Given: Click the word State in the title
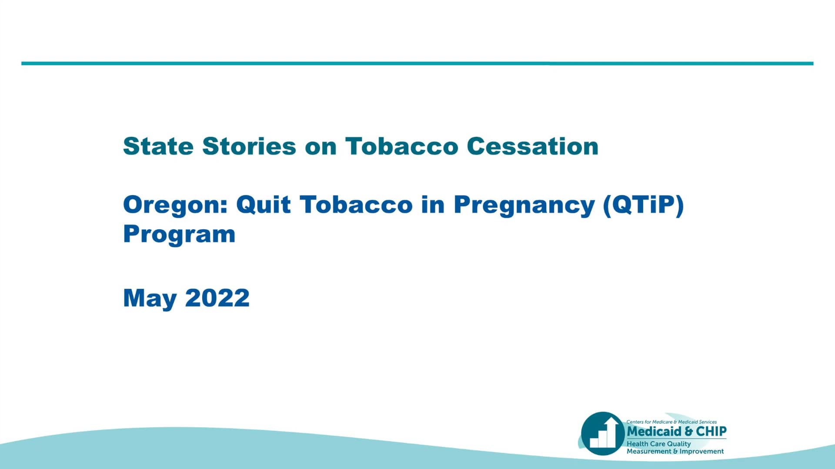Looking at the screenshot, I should [158, 146].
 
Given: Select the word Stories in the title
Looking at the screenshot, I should [249, 146].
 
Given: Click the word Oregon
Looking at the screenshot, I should [175, 205].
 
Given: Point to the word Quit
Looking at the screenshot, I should [263, 205].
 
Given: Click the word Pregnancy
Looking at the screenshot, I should [524, 205].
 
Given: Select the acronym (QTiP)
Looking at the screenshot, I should [643, 205].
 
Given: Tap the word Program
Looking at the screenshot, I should [179, 234].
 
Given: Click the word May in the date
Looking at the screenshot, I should [150, 298].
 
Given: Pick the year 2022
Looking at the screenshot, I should [217, 298].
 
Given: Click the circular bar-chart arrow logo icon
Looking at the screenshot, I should [603, 433].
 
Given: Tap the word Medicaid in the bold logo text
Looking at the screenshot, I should [655, 431].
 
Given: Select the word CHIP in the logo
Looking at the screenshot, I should [711, 431].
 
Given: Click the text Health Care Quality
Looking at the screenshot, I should [658, 444].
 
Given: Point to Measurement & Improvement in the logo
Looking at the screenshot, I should [675, 451].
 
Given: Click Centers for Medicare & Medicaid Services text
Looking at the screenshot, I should [671, 422].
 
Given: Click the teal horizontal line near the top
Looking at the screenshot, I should [417, 63].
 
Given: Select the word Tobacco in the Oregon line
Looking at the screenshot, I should [356, 205].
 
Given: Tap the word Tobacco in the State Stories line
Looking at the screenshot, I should [401, 146].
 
